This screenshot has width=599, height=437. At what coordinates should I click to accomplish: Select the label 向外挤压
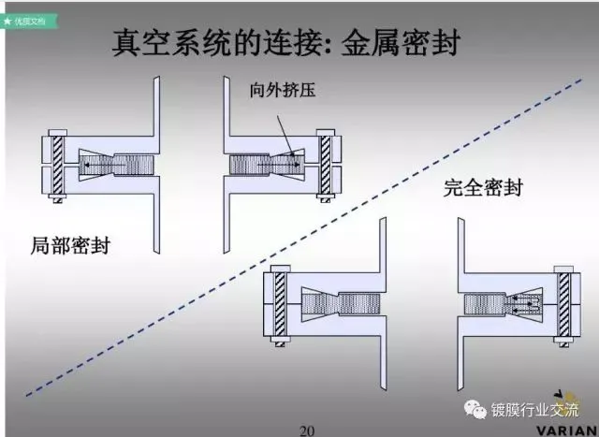pos(284,91)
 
